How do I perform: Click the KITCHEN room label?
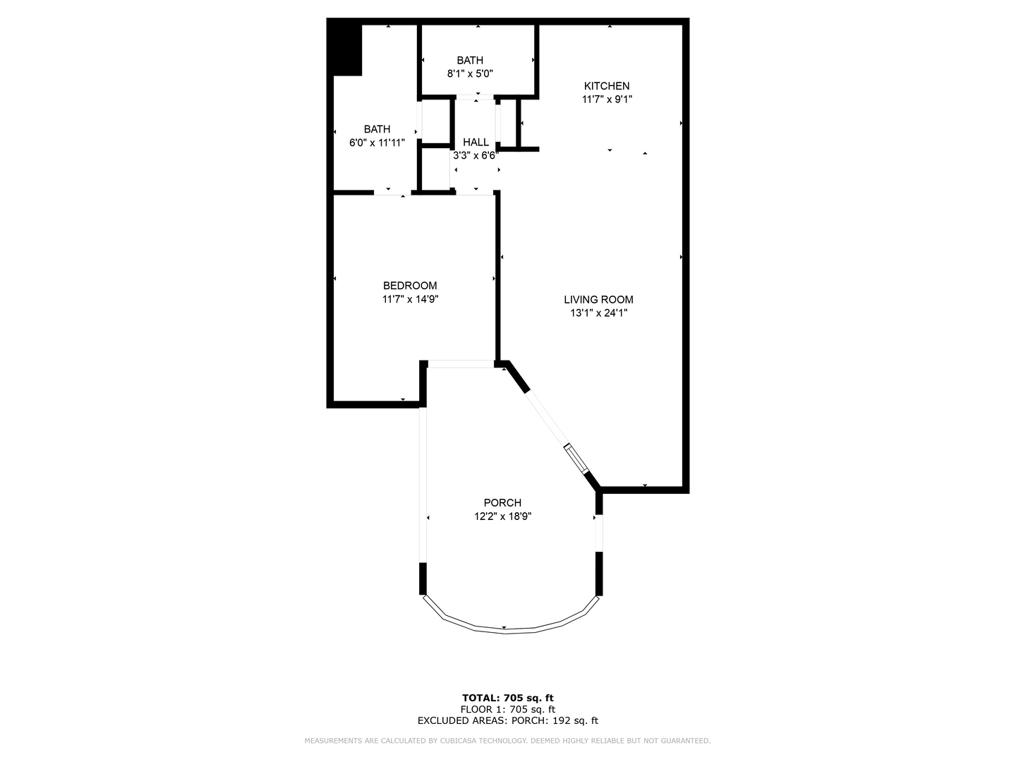click(x=606, y=86)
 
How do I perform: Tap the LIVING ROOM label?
click(x=598, y=299)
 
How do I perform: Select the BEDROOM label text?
click(x=410, y=286)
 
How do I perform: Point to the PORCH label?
click(x=502, y=502)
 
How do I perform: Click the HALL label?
click(x=476, y=143)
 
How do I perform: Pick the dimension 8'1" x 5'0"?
click(x=470, y=73)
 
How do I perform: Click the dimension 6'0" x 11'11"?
click(x=377, y=143)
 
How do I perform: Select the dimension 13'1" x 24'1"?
click(x=598, y=313)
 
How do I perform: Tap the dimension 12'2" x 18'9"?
click(x=502, y=516)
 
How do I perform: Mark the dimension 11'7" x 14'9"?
click(x=410, y=299)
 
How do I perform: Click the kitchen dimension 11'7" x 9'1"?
click(x=606, y=99)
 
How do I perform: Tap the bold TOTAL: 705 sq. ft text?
click(x=507, y=698)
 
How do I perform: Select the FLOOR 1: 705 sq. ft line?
click(x=507, y=709)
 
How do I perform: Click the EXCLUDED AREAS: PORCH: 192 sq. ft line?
click(x=507, y=720)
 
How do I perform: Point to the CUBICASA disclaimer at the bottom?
click(x=507, y=741)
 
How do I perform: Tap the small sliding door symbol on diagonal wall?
click(x=576, y=458)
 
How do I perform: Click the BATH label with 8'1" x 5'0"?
click(x=470, y=61)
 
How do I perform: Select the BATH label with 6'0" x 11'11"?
click(x=377, y=129)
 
